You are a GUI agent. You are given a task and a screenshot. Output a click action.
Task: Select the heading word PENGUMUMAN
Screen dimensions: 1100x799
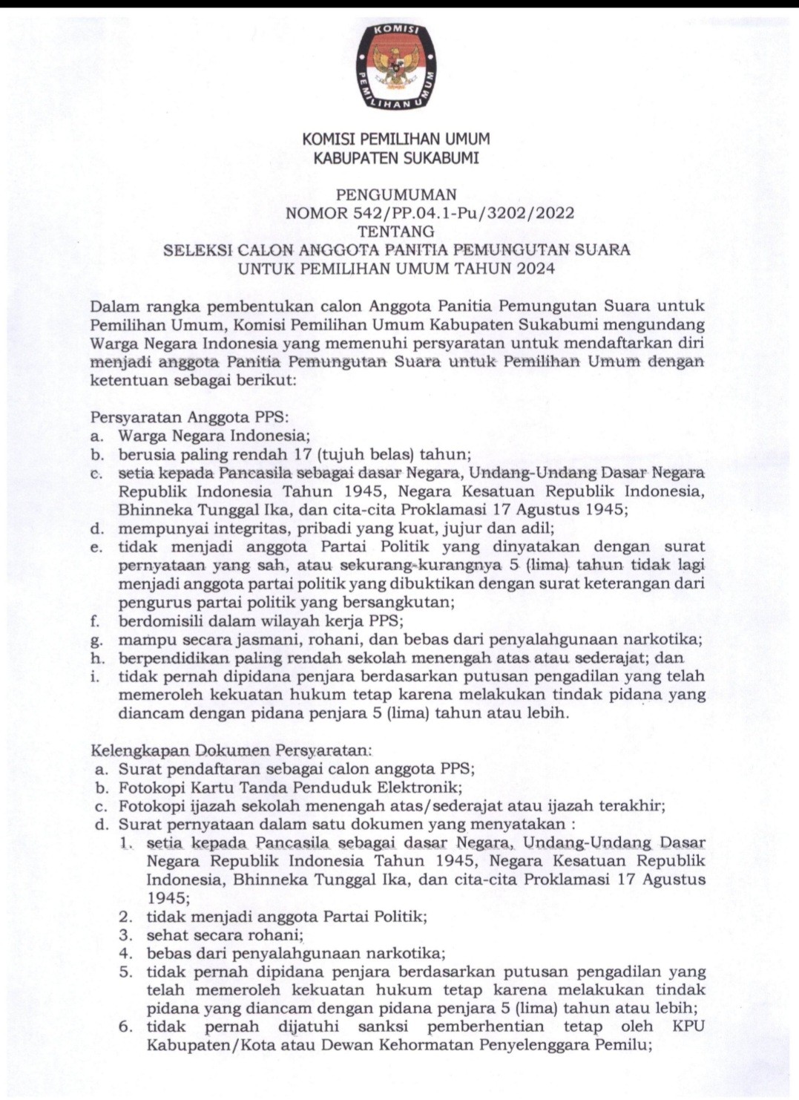396,195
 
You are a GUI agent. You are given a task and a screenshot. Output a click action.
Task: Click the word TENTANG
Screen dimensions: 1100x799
396,232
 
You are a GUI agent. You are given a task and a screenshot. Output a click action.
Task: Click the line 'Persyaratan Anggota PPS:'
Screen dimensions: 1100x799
188,417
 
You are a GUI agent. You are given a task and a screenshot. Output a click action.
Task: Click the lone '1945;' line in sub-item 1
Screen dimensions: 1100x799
168,898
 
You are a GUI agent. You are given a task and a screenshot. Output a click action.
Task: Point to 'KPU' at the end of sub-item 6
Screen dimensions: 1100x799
689,1027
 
